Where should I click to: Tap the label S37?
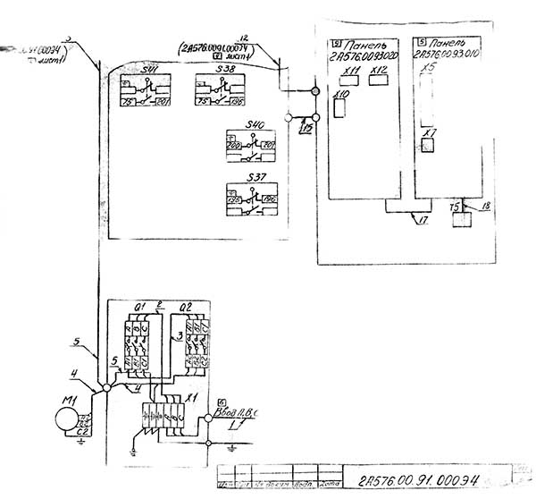click(x=256, y=175)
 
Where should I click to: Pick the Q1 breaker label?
click(x=138, y=308)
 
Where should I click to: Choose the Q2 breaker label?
click(x=187, y=308)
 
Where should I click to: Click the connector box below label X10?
click(x=339, y=108)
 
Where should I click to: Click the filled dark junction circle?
click(x=314, y=91)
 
